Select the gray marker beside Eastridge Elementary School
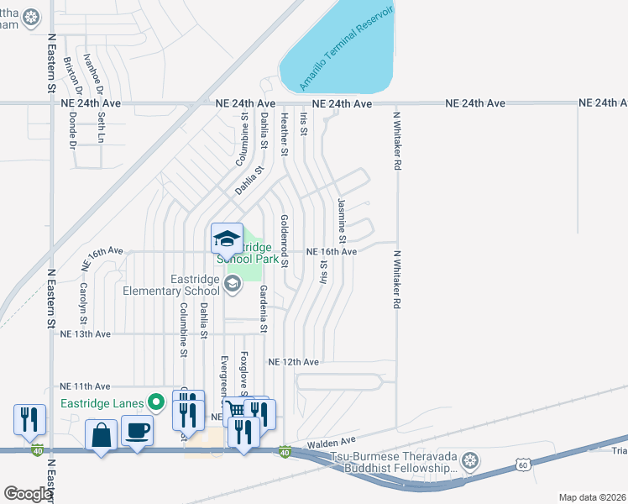[231, 286]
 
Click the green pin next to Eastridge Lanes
[154, 403]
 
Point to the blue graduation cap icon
[226, 239]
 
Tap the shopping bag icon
[101, 436]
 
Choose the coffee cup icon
[137, 432]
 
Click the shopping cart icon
[237, 410]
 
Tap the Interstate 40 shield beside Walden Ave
[285, 453]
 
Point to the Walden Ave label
[332, 441]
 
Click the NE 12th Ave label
[293, 362]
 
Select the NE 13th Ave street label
[86, 333]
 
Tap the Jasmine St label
[342, 222]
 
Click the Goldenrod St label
[285, 240]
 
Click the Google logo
[27, 494]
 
